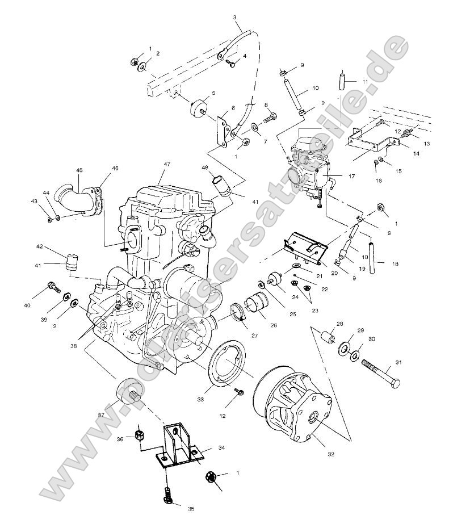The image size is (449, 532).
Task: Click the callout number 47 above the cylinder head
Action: coord(167,164)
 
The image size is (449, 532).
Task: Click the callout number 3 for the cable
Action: coord(235,18)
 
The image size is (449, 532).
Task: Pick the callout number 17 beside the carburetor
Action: coord(351,177)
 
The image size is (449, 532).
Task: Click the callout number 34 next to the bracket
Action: coord(222,448)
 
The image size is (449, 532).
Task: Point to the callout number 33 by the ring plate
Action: coord(200,400)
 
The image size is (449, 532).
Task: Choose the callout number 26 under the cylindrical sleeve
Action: coord(273,325)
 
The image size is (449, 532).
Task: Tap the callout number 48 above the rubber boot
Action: coord(205,168)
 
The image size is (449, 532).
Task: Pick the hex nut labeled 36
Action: coord(140,437)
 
